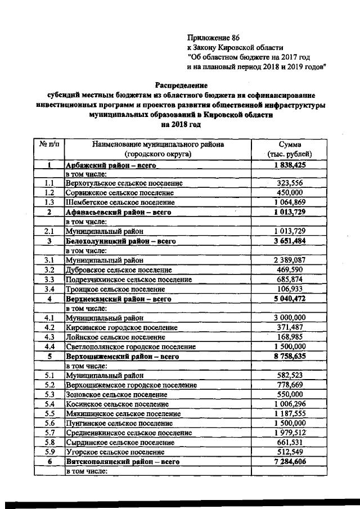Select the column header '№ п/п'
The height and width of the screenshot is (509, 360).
49,145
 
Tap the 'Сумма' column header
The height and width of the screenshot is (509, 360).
290,145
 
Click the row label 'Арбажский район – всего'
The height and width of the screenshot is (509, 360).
111,166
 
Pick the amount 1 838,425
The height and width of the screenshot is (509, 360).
290,166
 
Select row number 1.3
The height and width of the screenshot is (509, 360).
49,202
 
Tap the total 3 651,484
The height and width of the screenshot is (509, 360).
290,241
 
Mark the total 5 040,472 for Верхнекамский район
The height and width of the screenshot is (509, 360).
290,299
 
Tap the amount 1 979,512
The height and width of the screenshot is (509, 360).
290,433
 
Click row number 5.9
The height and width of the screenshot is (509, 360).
49,452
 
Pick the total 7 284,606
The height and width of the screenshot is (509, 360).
290,461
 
